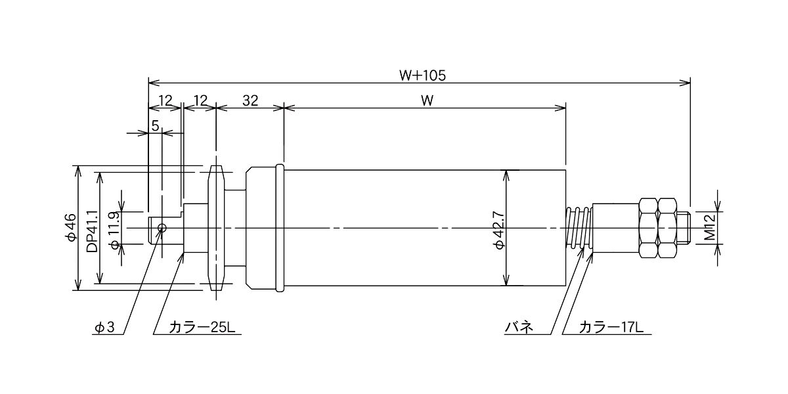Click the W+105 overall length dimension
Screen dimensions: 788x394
click(422, 76)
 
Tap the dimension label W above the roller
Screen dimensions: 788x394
click(427, 101)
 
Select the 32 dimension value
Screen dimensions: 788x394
click(250, 101)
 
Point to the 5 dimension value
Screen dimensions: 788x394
click(156, 125)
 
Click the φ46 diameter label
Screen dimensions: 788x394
click(71, 227)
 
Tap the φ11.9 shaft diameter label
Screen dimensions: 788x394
click(116, 230)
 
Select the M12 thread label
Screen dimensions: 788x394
click(711, 227)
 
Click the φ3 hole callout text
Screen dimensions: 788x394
click(105, 328)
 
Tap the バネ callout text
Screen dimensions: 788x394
click(519, 328)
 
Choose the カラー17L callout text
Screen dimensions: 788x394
click(611, 328)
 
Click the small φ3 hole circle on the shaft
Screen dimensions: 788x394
click(162, 228)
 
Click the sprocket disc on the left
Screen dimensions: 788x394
click(216, 228)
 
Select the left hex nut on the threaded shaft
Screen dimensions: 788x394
click(649, 228)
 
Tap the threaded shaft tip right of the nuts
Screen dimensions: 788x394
click(684, 228)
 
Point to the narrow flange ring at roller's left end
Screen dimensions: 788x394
click(280, 228)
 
